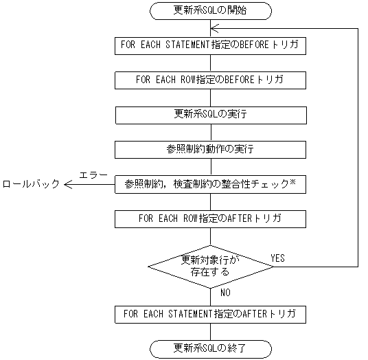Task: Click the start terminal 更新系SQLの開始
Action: click(210, 11)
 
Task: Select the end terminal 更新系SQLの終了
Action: click(210, 346)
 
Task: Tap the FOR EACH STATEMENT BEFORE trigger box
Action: click(210, 45)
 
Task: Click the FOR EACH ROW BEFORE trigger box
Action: click(210, 80)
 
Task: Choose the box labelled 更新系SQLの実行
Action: click(210, 114)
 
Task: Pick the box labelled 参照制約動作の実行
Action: click(210, 148)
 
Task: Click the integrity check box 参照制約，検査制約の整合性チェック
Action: click(210, 183)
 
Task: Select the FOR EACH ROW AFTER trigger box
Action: click(210, 218)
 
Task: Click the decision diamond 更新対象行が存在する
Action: click(210, 266)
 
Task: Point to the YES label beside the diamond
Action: click(278, 258)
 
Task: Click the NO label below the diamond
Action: click(225, 292)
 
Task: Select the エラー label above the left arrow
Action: click(93, 175)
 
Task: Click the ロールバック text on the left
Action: click(30, 184)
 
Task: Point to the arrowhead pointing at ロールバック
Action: click(67, 184)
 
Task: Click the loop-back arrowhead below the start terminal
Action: click(215, 28)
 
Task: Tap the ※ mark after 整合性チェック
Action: click(292, 182)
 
